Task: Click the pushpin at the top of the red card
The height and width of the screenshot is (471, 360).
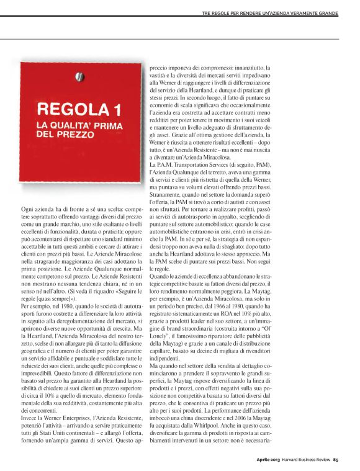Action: point(79,76)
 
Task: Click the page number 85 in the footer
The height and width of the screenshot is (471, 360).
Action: point(335,460)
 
